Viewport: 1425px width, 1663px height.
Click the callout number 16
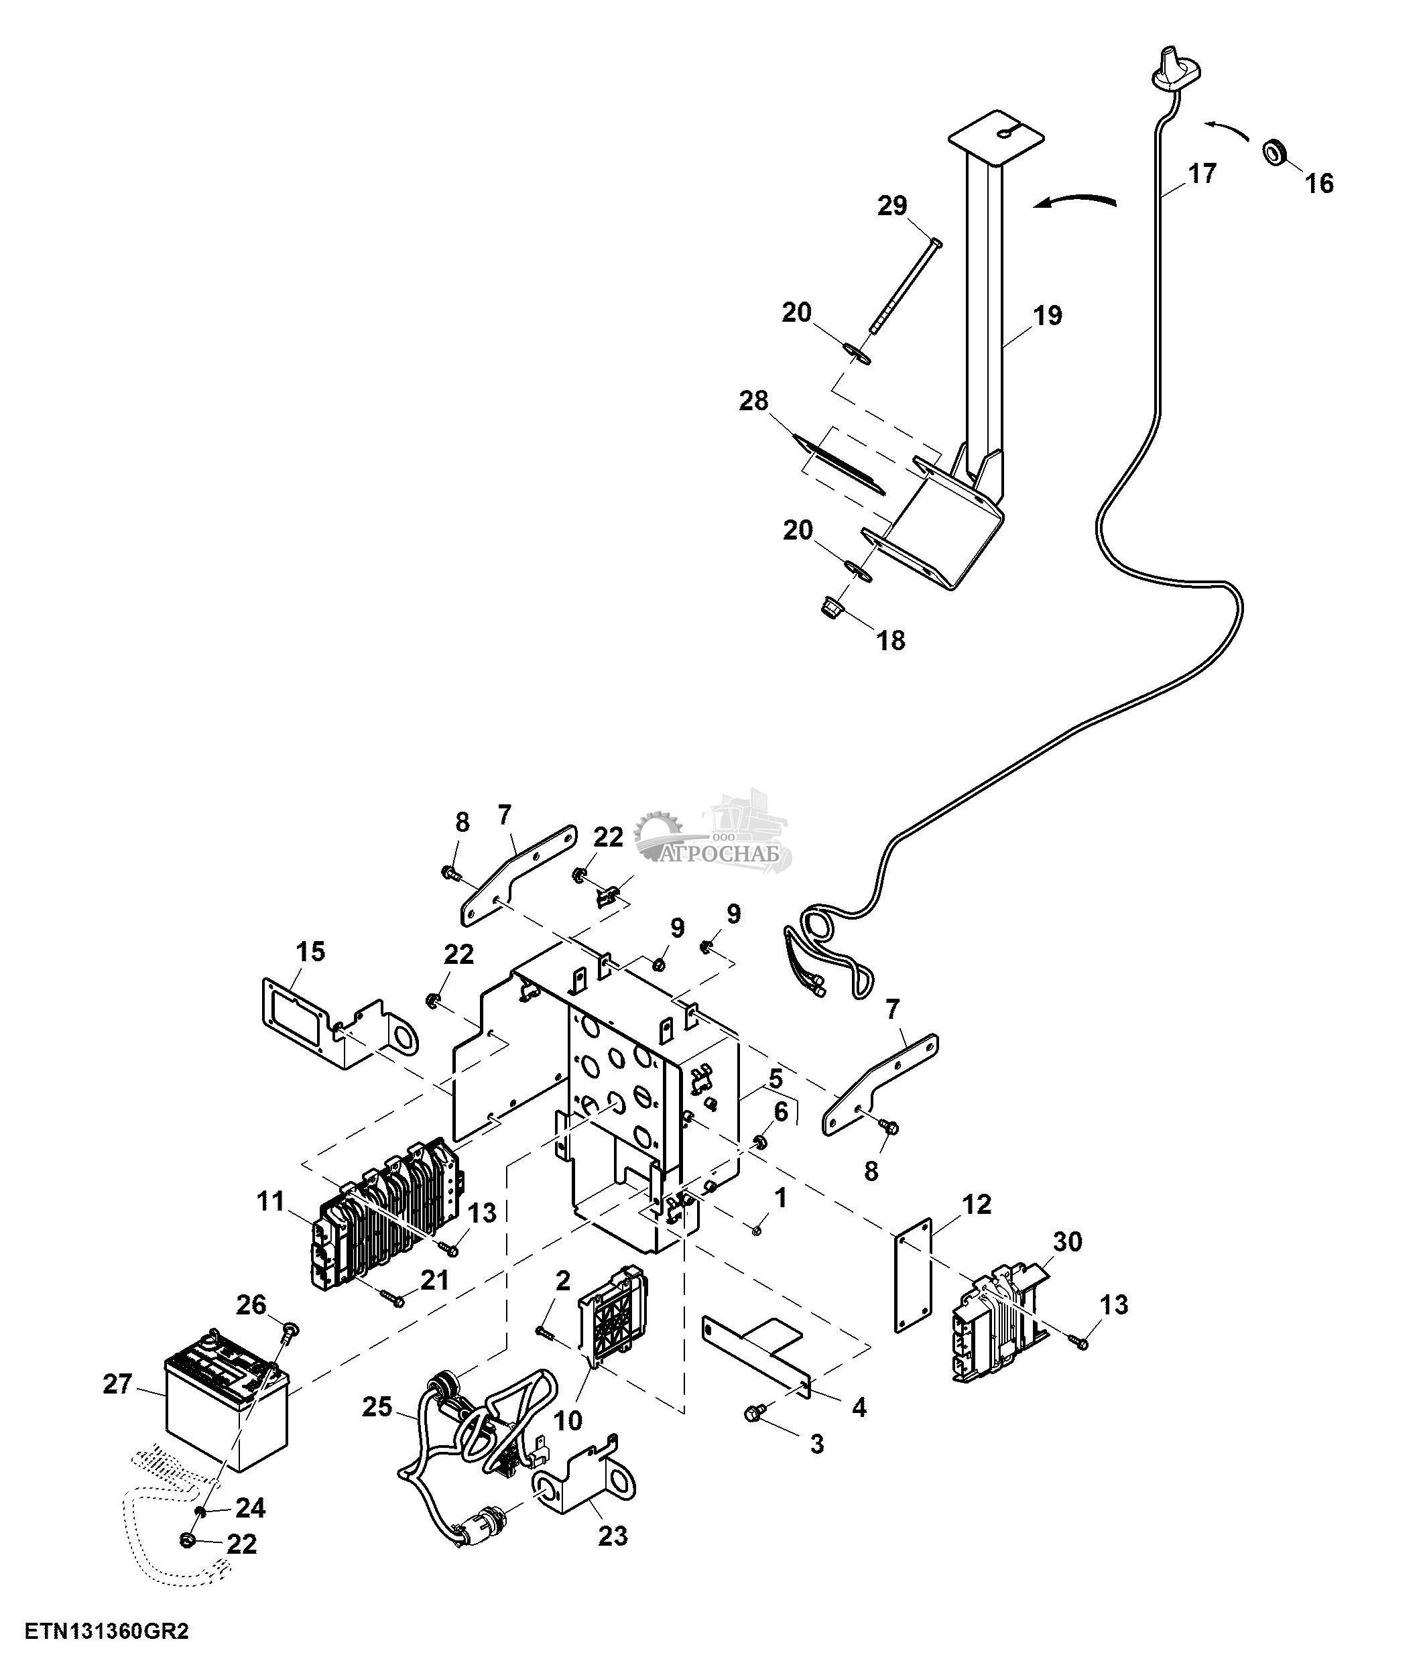click(x=1319, y=184)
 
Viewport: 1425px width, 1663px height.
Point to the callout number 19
click(x=1048, y=316)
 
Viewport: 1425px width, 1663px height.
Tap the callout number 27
click(x=117, y=1385)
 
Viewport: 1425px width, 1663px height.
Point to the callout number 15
click(x=310, y=952)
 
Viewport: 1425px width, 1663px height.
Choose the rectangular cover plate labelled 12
click(x=914, y=1276)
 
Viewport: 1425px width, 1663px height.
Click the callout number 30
click(x=1067, y=1241)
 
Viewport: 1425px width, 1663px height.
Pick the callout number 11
click(x=271, y=1201)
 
